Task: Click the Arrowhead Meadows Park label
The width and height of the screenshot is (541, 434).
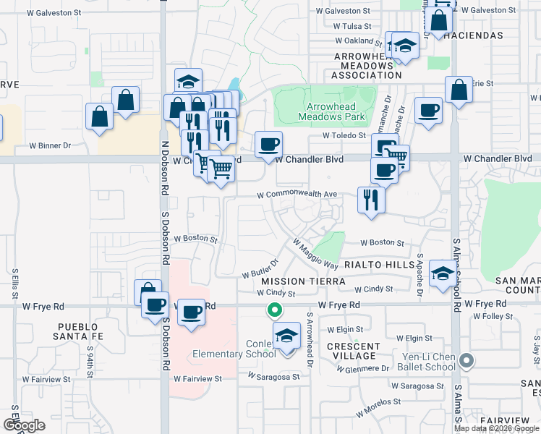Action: pos(325,111)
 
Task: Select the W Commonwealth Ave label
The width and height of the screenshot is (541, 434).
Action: pos(298,195)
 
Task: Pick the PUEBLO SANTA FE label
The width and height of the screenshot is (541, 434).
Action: pos(82,332)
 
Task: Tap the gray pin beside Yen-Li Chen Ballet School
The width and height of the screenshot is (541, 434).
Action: pos(467,359)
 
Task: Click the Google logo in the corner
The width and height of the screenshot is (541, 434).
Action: pos(24,425)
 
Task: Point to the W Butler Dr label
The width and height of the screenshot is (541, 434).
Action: pos(260,268)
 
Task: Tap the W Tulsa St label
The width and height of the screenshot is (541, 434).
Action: pos(352,26)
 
